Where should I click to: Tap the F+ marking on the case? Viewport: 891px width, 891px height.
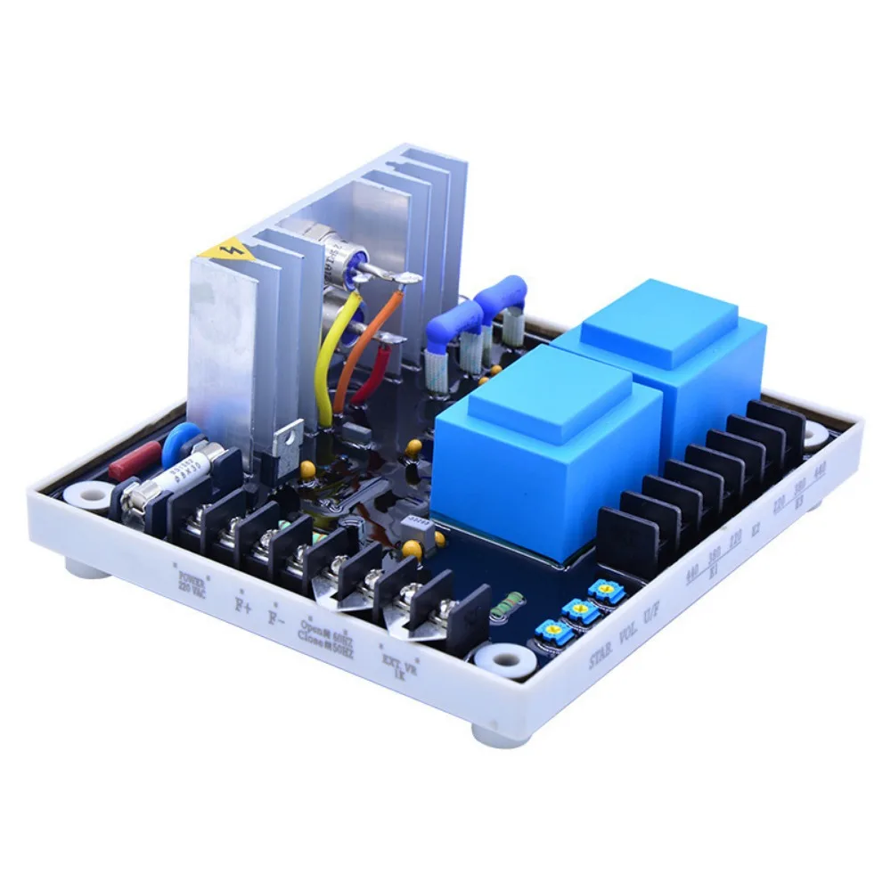tap(241, 603)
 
